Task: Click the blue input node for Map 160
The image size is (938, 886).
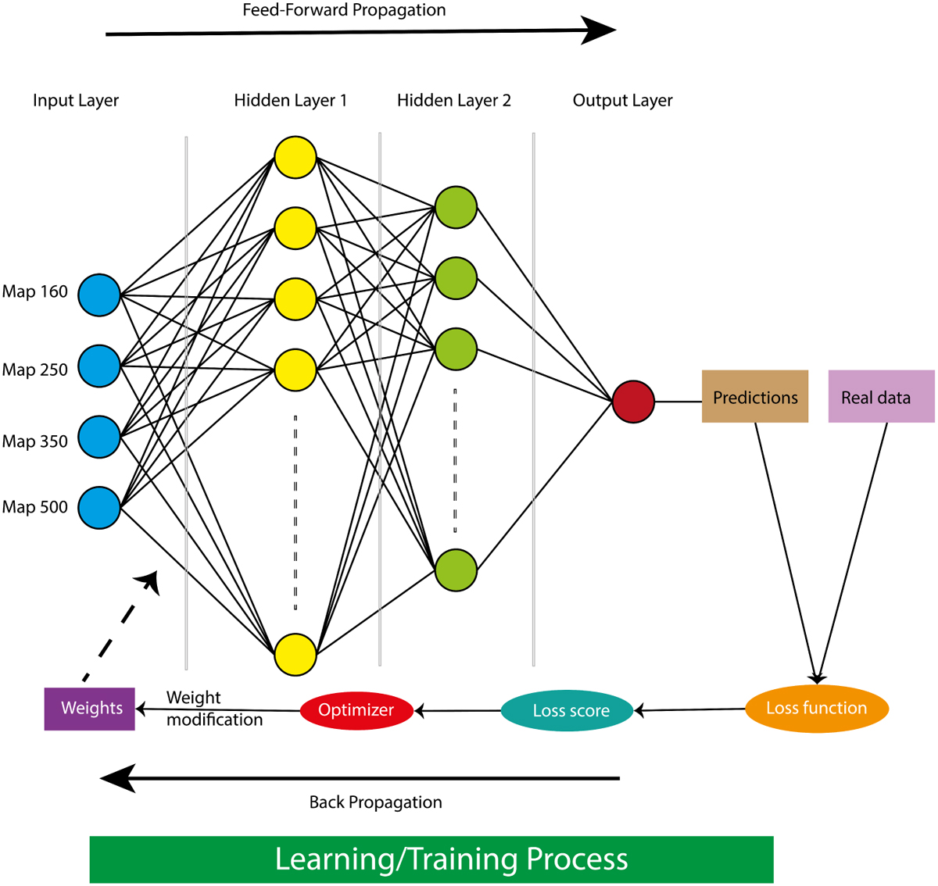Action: coord(99,295)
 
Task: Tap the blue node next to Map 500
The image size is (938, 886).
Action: coord(99,507)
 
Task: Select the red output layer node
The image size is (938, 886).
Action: coord(633,402)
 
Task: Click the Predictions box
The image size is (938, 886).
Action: coord(754,397)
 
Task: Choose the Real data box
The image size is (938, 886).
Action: coord(881,397)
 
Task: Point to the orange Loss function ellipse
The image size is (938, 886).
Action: coord(817,709)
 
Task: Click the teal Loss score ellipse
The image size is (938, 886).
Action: coord(567,710)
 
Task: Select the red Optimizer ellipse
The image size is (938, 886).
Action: coord(356,710)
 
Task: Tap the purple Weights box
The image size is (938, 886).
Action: coord(90,709)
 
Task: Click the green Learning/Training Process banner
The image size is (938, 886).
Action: coord(431,859)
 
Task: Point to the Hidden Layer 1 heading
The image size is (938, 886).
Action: coord(290,101)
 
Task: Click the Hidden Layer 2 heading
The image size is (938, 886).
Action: coord(453,101)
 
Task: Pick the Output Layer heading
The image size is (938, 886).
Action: coord(622,101)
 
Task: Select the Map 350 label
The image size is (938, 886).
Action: coord(35,441)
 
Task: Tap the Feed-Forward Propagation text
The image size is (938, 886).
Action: coord(344,11)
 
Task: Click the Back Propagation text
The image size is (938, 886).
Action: coord(375,802)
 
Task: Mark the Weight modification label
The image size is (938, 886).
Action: coord(213,709)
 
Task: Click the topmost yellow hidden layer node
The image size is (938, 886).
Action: coord(295,157)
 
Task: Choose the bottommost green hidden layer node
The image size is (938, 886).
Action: coord(456,569)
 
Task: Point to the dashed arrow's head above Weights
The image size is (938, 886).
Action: coord(149,581)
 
